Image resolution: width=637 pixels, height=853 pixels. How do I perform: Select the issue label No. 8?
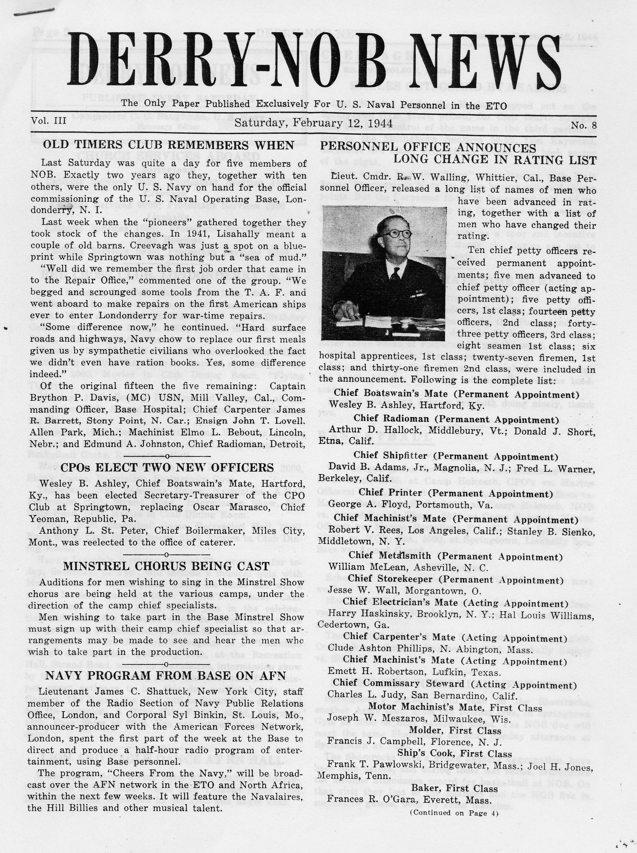[583, 126]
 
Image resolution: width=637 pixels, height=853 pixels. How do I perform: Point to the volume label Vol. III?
[49, 121]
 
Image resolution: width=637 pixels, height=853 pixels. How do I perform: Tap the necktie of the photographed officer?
[395, 274]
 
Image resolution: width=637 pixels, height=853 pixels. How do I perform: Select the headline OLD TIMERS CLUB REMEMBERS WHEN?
[169, 145]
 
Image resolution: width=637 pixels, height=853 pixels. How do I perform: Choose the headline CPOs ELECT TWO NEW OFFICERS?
[167, 468]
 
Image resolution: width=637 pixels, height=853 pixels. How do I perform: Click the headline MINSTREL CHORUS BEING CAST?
[166, 566]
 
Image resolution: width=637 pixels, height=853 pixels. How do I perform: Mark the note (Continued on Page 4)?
[454, 813]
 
